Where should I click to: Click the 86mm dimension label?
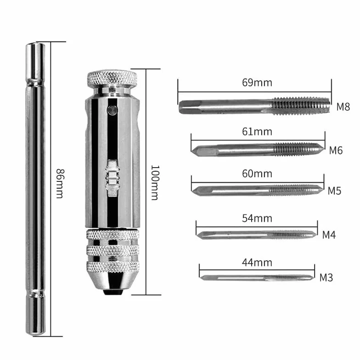pos(60,184)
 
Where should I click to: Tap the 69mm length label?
pos(257,83)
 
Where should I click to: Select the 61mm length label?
pos(257,131)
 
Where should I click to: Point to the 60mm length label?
pos(257,174)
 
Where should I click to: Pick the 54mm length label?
pos(257,218)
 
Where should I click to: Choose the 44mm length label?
pos(257,262)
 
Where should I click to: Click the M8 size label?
pos(343,107)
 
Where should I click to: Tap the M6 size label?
pos(336,151)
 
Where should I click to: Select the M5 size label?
pos(334,191)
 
